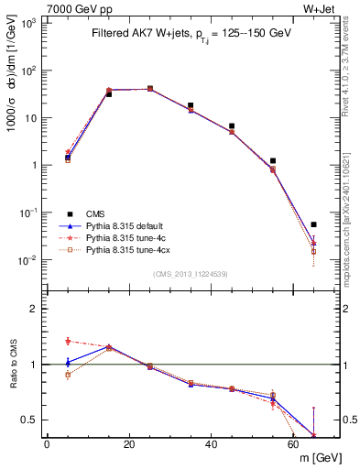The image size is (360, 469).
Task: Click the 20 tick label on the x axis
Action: [x=129, y=445]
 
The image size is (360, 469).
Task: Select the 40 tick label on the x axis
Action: [x=212, y=445]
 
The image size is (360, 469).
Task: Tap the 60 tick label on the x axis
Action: [x=294, y=445]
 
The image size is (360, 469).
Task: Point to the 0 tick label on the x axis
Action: [x=47, y=445]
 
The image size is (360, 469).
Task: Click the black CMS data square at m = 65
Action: [x=314, y=224]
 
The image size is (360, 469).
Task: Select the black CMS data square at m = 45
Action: [x=232, y=125]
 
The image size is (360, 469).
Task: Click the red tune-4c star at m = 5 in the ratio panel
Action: [x=67, y=341]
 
